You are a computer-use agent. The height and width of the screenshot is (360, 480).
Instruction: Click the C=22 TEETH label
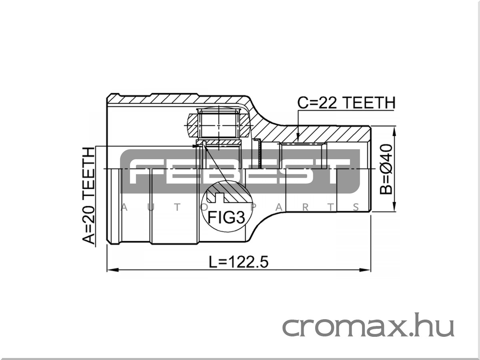click(x=346, y=103)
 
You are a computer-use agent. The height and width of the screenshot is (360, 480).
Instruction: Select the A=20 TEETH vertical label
click(x=89, y=196)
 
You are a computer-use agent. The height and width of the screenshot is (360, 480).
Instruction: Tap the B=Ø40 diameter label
click(x=386, y=169)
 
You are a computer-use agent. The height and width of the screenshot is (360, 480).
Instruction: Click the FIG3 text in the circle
click(x=226, y=218)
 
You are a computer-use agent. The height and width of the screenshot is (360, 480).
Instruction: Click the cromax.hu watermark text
click(x=368, y=326)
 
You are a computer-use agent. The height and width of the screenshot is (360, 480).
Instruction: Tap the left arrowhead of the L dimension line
click(x=112, y=270)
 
